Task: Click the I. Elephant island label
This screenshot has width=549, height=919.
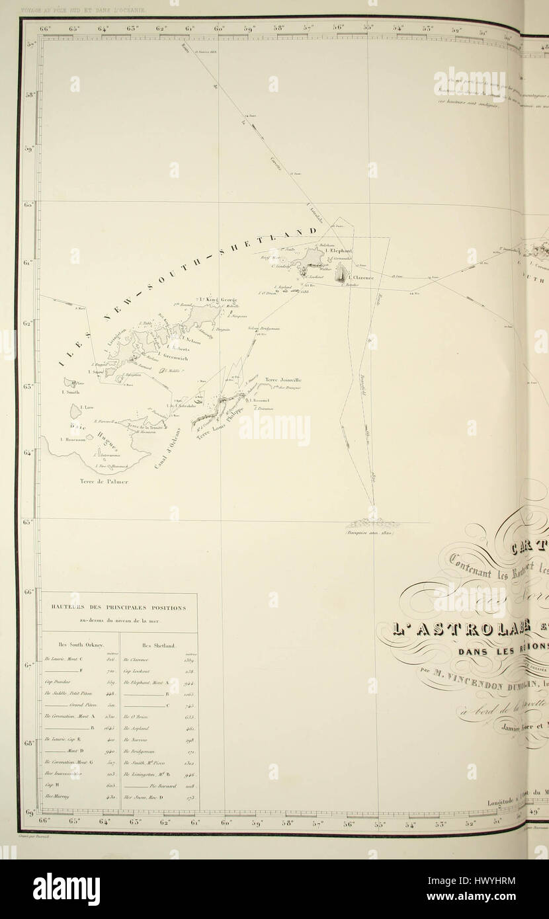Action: pyautogui.click(x=338, y=251)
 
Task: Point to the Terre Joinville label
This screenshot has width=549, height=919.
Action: pyautogui.click(x=283, y=380)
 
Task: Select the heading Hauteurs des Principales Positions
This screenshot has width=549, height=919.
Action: pyautogui.click(x=119, y=608)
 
